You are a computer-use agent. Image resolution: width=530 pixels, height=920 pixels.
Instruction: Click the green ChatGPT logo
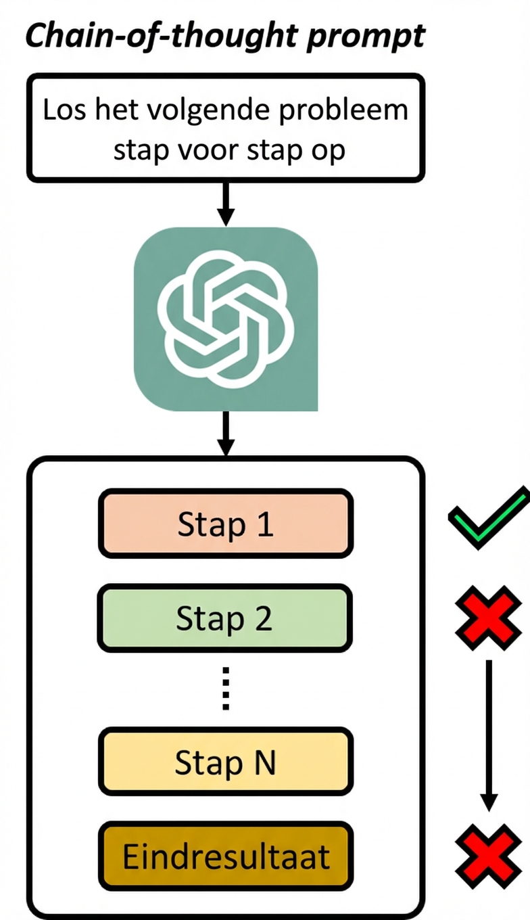coord(226,318)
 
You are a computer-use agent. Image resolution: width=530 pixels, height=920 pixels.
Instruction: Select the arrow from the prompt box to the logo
coord(226,204)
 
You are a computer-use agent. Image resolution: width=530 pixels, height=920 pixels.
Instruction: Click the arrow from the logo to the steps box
coord(226,434)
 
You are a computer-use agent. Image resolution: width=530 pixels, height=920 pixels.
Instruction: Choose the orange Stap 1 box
coord(226,524)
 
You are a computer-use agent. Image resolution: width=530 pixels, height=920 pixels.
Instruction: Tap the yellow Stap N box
coord(226,762)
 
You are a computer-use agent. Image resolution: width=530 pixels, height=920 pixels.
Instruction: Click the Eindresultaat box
coord(226,856)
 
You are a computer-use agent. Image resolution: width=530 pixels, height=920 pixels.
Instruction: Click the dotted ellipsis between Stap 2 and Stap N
coord(226,689)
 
